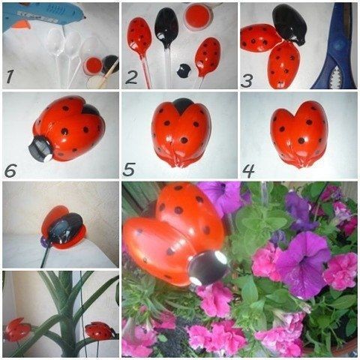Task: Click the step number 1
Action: [x=10, y=75]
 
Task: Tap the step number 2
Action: [x=131, y=76]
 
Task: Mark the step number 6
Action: [x=10, y=170]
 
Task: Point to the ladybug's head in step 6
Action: [x=40, y=148]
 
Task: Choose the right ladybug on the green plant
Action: [x=100, y=330]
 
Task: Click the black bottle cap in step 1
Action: [x=110, y=64]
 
